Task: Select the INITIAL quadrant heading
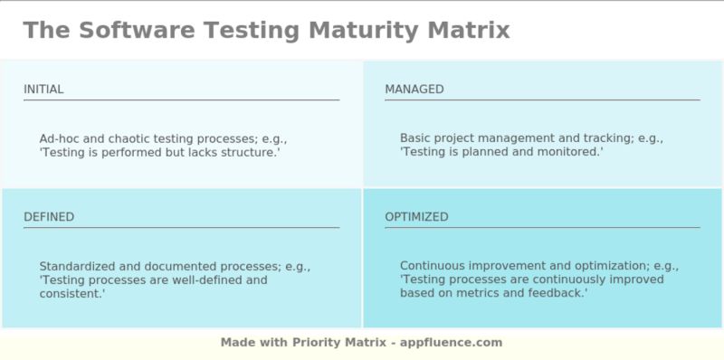(x=43, y=90)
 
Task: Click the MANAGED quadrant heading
(x=414, y=90)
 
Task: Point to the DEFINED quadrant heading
(x=49, y=217)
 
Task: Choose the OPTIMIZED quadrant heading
(x=416, y=217)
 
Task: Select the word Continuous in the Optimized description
(x=433, y=267)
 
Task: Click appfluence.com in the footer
(x=452, y=343)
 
